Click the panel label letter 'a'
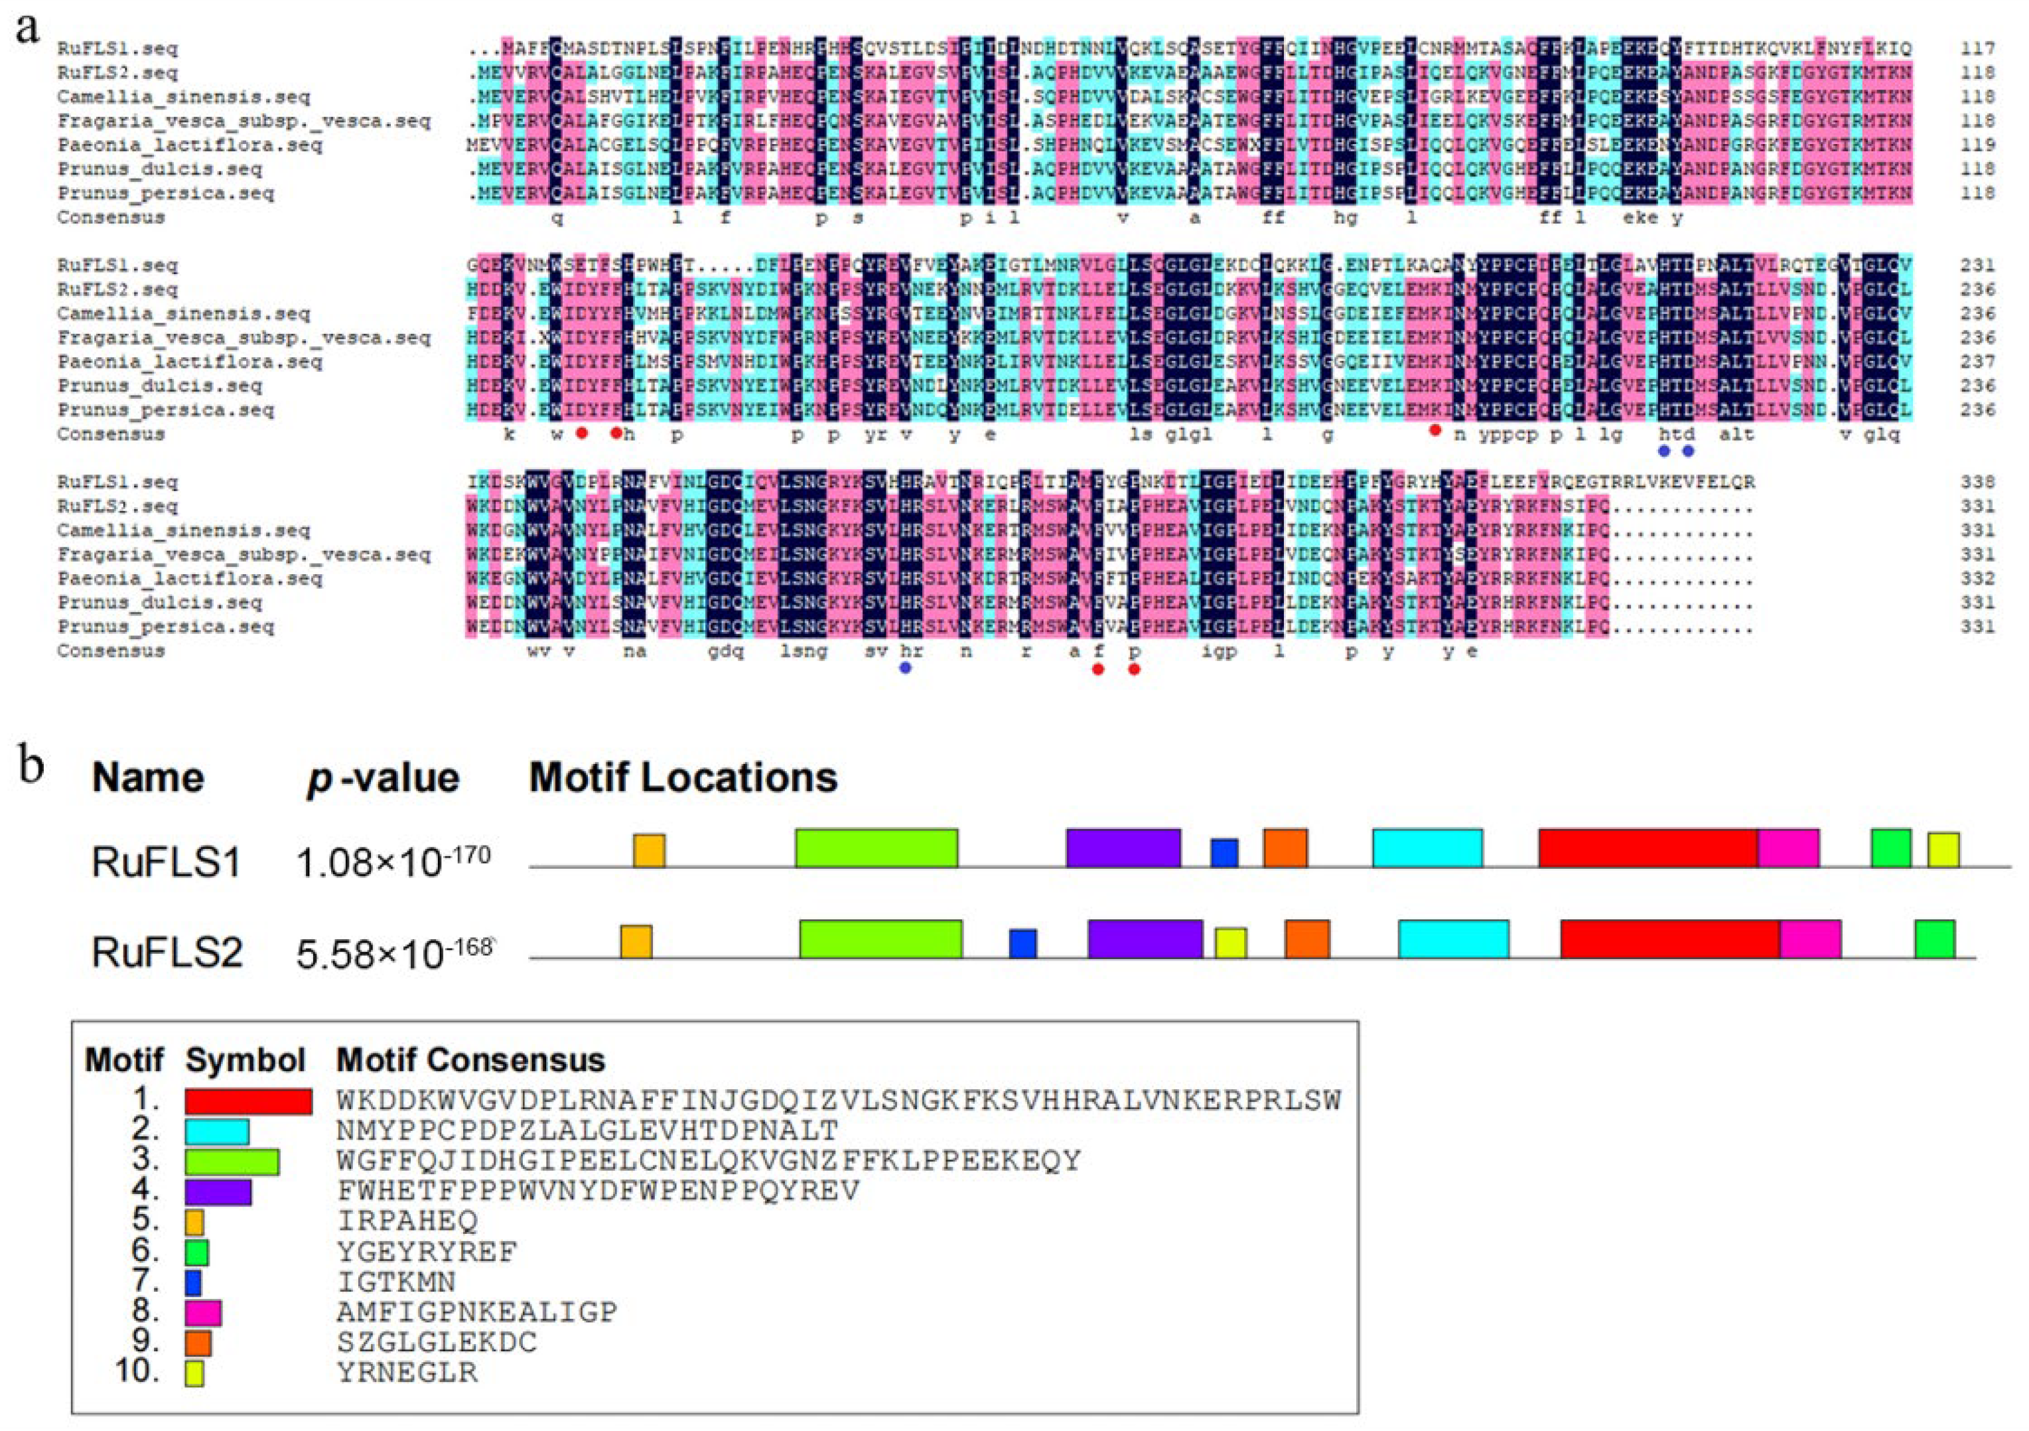(x=29, y=29)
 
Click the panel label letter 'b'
(x=32, y=765)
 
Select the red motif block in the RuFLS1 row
(x=1647, y=848)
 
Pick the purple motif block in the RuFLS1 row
(x=1123, y=848)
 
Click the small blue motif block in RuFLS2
(x=1022, y=943)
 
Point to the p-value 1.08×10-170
(x=393, y=862)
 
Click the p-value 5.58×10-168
(x=394, y=953)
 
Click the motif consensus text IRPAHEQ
(x=407, y=1221)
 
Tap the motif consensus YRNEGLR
(x=407, y=1372)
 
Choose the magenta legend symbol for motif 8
(x=203, y=1313)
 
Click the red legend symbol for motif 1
(x=248, y=1101)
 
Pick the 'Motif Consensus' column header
(x=471, y=1060)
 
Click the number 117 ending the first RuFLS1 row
(x=1976, y=48)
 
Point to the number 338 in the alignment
(x=1976, y=482)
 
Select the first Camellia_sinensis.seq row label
(x=184, y=96)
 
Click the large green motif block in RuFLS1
(x=876, y=848)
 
